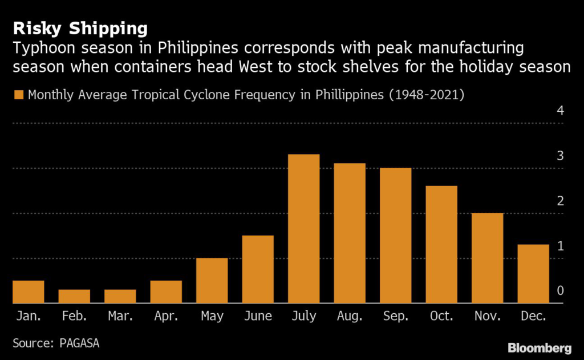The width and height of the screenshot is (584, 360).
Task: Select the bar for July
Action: (303, 229)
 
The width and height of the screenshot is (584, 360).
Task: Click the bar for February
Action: (74, 297)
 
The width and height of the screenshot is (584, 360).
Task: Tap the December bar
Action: (533, 274)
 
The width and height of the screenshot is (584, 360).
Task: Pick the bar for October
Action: (441, 245)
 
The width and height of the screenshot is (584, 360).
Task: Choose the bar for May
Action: (212, 281)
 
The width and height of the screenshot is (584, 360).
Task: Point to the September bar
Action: (395, 236)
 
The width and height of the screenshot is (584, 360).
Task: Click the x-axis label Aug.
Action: (350, 316)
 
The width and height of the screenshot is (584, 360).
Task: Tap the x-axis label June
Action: (258, 316)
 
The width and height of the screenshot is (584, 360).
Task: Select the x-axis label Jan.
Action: (28, 316)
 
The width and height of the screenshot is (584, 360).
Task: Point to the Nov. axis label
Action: (488, 316)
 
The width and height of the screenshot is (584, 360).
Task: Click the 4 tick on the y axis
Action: (560, 111)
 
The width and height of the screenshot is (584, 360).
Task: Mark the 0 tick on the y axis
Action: (560, 291)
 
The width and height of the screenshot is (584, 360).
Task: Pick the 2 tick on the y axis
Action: (560, 201)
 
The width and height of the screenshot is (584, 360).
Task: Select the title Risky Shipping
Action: (80, 28)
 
